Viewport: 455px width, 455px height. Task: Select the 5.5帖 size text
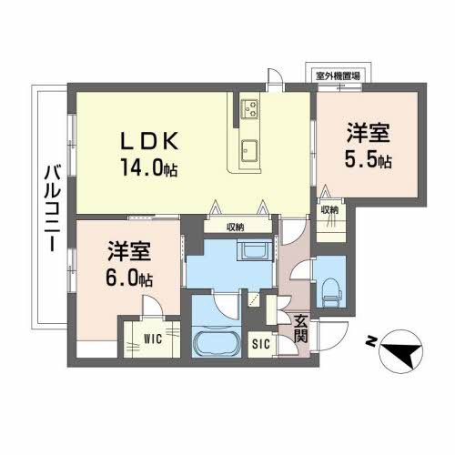[x=369, y=160]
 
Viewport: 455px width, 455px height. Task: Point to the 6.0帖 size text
[x=130, y=278]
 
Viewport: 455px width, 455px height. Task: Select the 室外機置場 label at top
[x=337, y=76]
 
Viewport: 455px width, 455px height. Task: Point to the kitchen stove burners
[x=250, y=110]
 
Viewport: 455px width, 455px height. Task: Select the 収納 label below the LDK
[x=235, y=227]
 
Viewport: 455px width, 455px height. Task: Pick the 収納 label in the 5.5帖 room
[x=329, y=209]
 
